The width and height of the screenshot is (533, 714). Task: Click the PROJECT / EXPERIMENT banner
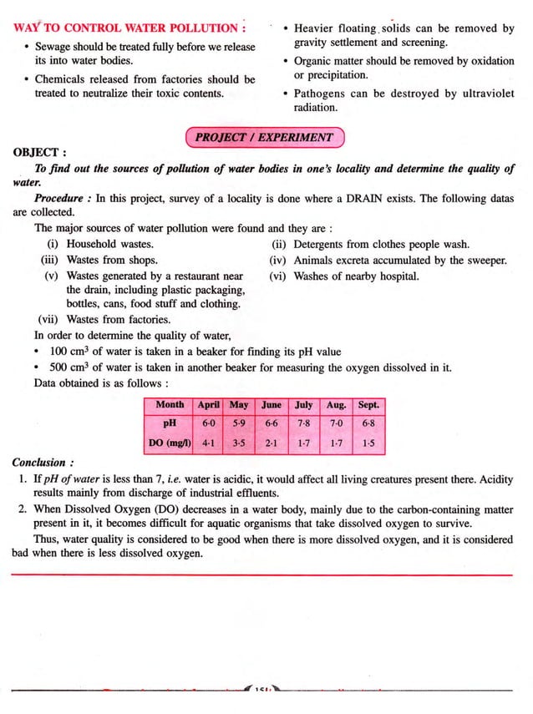tap(264, 137)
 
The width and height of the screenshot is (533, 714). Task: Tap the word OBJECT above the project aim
tap(34, 153)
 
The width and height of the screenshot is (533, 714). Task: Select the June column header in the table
tap(272, 405)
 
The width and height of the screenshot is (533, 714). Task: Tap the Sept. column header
tap(368, 405)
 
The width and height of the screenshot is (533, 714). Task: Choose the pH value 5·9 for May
tap(239, 423)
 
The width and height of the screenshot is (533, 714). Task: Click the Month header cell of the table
tap(170, 405)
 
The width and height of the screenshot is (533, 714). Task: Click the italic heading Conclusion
tap(38, 463)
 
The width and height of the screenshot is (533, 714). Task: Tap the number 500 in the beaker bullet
tap(59, 367)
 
